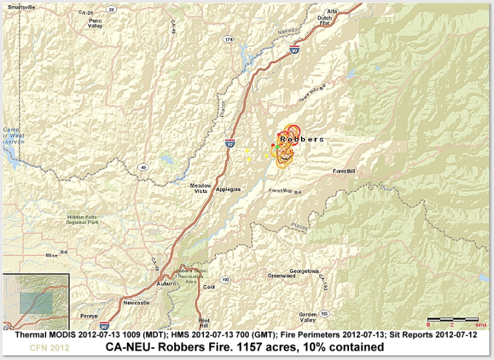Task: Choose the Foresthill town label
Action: tap(344, 172)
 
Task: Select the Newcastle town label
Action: tap(136, 302)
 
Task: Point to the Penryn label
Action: tap(89, 315)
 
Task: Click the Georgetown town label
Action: tap(304, 270)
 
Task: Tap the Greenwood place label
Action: tap(281, 276)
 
